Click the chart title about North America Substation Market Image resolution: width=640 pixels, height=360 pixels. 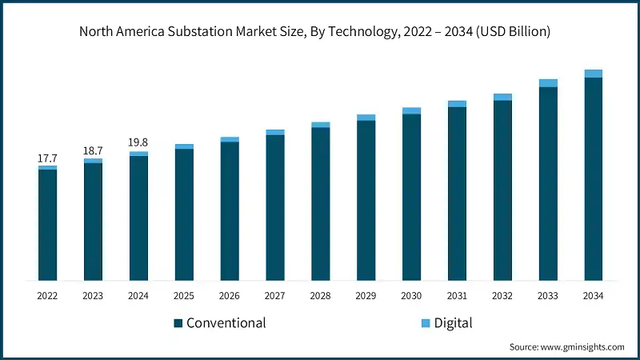[320, 31]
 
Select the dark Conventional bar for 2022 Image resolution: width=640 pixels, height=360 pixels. [47, 225]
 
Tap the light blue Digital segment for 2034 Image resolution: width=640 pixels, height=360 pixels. [593, 74]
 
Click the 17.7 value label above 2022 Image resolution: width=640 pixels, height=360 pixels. [47, 158]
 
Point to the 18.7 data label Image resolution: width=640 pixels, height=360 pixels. [93, 151]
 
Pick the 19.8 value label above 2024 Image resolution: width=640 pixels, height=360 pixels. [138, 143]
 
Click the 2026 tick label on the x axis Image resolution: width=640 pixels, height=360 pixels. [230, 295]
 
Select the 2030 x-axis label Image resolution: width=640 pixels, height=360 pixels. [411, 295]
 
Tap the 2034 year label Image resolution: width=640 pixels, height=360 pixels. [593, 295]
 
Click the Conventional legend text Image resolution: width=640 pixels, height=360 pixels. [226, 323]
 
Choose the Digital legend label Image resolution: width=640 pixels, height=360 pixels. [453, 323]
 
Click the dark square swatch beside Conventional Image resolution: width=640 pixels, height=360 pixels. [178, 324]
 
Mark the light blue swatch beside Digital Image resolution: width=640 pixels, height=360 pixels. [426, 324]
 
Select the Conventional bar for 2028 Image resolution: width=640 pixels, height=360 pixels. [320, 204]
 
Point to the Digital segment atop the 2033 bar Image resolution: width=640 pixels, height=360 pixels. [548, 83]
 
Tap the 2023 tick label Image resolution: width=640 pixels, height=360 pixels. [93, 295]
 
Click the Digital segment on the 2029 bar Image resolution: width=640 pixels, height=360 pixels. [366, 118]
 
